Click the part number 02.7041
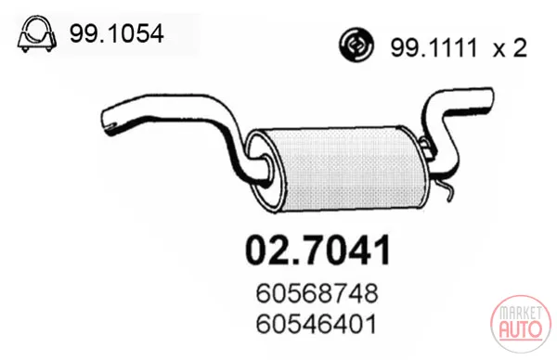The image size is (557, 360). (x=318, y=251)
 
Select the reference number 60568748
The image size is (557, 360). (x=317, y=294)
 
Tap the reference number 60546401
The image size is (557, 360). (x=316, y=324)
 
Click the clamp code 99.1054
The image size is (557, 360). (x=117, y=33)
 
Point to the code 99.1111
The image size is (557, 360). (x=434, y=48)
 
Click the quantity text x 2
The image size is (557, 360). (x=510, y=48)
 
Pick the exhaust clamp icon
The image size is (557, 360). (x=37, y=34)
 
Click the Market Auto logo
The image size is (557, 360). (x=521, y=324)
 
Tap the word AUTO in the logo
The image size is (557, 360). (x=521, y=328)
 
